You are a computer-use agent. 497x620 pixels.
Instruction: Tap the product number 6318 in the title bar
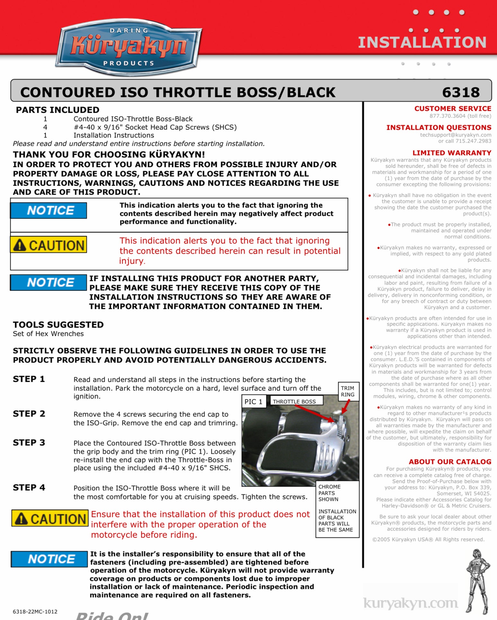pos(461,92)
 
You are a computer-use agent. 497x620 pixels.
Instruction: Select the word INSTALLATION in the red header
pos(422,42)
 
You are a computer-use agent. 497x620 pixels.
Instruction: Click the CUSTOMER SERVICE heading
pos(453,109)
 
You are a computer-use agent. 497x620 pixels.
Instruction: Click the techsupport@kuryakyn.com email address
pos(456,135)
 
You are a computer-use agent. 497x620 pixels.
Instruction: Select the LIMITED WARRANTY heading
pos(452,153)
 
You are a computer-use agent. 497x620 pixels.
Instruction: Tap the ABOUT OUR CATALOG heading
pos(450,462)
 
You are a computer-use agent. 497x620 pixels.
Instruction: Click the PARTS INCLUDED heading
pos(58,110)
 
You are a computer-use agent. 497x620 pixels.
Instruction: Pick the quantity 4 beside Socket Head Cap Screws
pos(45,127)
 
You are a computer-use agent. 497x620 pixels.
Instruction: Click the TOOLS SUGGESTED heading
pos(58,325)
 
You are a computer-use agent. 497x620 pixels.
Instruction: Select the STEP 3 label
pos(29,442)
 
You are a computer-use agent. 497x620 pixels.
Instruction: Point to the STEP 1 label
pos(29,379)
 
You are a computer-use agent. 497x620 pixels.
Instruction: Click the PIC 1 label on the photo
pos(253,401)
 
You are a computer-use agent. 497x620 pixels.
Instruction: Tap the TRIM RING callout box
pos(348,391)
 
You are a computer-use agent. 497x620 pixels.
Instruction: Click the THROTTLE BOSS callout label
pos(294,401)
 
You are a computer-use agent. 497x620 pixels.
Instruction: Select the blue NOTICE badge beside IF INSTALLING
pos(49,283)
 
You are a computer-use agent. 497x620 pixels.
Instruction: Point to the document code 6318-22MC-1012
pos(35,612)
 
